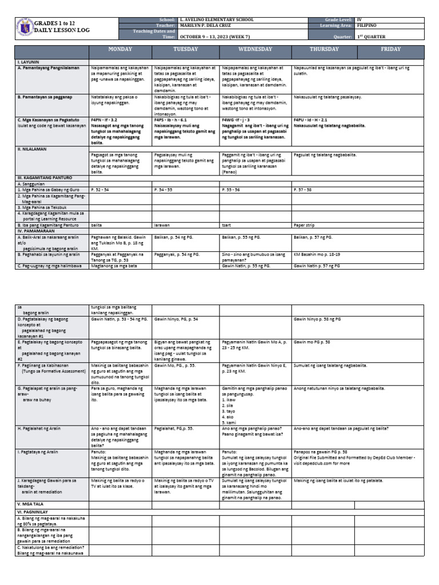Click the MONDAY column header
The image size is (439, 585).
pos(120,50)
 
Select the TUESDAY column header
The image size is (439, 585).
pos(185,50)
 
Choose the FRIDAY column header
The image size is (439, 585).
pos(391,50)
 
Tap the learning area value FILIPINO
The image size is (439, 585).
pos(366,26)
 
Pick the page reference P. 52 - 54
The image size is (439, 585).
pos(99,188)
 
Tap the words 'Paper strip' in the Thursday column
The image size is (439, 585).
pos(303,226)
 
